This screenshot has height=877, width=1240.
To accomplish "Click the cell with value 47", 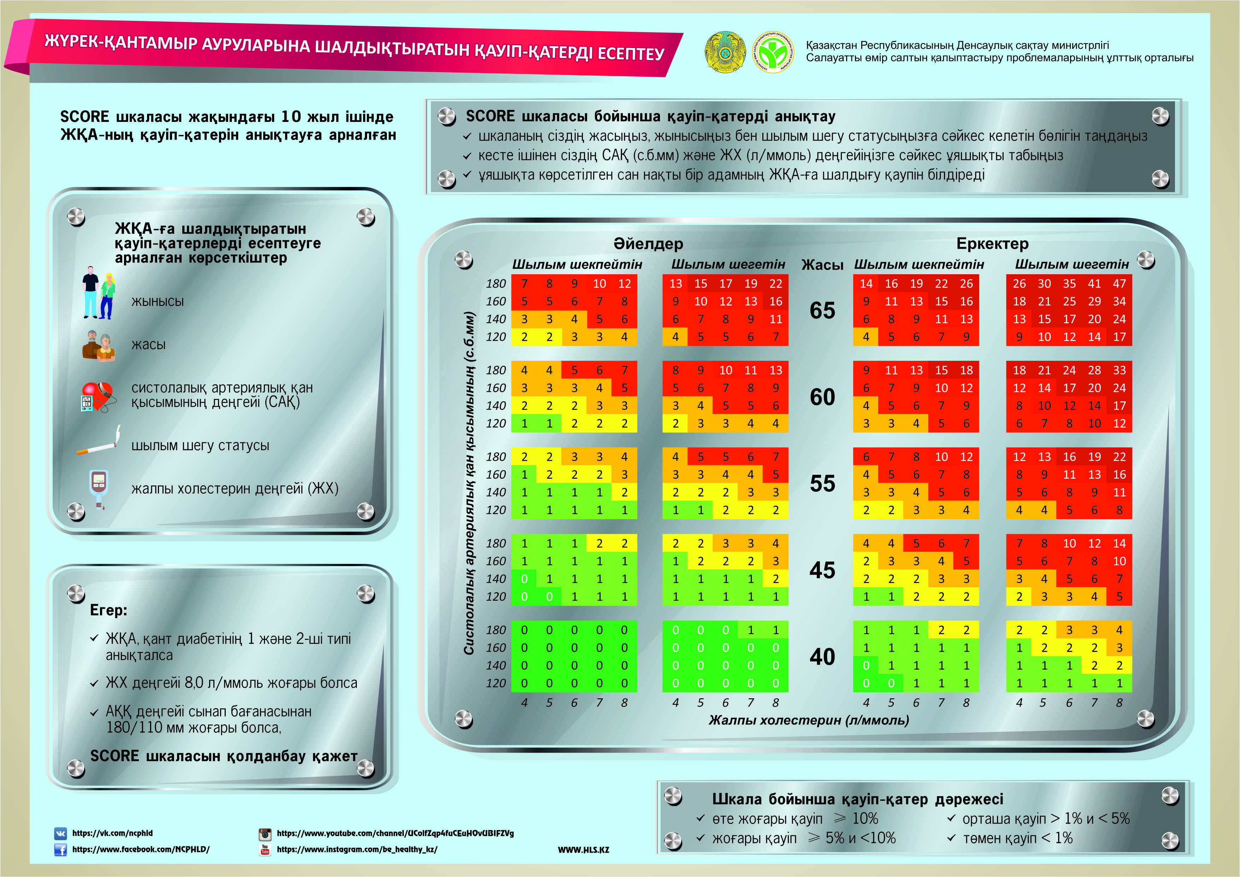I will click(1119, 283).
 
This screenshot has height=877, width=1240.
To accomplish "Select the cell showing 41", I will click(1094, 283).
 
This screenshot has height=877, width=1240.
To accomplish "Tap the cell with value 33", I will click(1119, 370).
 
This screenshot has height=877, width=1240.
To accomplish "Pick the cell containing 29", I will click(1094, 301).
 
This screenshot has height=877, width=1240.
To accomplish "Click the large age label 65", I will click(822, 311).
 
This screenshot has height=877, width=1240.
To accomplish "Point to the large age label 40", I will click(822, 657).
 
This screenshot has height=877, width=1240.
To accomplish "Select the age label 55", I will click(822, 483).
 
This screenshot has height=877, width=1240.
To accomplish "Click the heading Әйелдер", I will click(648, 243).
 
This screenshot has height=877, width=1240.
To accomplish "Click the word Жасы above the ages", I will click(822, 265).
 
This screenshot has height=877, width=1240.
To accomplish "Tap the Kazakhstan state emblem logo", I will click(725, 52).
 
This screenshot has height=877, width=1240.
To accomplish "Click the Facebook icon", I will click(60, 849).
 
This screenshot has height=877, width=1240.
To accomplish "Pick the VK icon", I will click(60, 833).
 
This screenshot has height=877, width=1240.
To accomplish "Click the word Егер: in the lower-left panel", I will click(108, 610).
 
